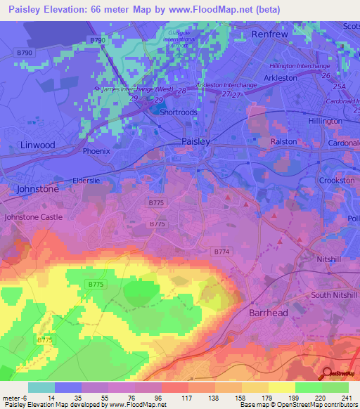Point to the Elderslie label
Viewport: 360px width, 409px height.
(84, 178)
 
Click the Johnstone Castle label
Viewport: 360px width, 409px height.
(33, 217)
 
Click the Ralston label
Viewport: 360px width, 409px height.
(284, 141)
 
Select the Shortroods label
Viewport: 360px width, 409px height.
(178, 111)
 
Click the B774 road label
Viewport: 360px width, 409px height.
(221, 251)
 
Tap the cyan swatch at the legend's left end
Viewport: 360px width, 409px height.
(41, 387)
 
